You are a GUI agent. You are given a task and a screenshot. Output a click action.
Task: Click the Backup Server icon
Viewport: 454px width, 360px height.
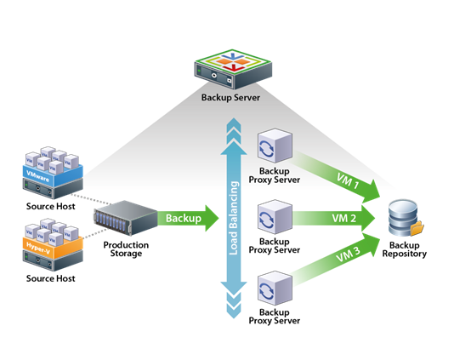(233, 69)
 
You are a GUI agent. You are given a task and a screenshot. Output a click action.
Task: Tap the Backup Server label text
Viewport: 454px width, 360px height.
(230, 97)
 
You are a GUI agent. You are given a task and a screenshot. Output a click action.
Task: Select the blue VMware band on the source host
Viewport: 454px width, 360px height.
(53, 174)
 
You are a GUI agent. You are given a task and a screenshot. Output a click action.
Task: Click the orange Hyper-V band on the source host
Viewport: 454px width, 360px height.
(53, 247)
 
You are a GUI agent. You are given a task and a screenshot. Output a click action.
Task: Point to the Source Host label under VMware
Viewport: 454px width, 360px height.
(51, 206)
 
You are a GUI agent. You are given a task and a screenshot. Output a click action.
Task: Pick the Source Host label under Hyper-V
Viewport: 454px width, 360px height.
(51, 278)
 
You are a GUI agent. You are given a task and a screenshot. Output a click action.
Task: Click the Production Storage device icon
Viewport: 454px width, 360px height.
(125, 217)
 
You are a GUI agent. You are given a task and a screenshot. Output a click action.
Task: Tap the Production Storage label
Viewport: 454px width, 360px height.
(126, 249)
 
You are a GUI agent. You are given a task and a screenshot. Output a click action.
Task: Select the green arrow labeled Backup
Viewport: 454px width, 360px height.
(188, 218)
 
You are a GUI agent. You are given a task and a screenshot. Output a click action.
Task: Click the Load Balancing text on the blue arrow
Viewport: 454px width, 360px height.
(234, 218)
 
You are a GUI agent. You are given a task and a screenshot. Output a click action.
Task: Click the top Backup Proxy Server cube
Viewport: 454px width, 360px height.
(275, 146)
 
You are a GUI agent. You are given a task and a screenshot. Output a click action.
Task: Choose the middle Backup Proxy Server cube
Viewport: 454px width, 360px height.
(275, 217)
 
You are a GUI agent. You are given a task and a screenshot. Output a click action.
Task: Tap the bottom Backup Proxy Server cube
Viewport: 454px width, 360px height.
(275, 289)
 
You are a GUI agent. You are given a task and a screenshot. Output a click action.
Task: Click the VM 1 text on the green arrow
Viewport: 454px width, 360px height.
(348, 181)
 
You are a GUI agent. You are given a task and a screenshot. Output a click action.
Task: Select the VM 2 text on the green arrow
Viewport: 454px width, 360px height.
(344, 218)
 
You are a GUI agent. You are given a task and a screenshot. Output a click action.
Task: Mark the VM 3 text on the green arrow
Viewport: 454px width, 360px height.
(349, 254)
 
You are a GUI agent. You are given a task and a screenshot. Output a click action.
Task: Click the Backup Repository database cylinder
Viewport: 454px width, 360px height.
(403, 217)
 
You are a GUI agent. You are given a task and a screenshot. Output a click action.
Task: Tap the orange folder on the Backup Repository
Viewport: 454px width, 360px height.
(417, 228)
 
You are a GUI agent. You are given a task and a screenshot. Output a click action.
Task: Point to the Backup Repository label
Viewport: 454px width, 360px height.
(404, 249)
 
